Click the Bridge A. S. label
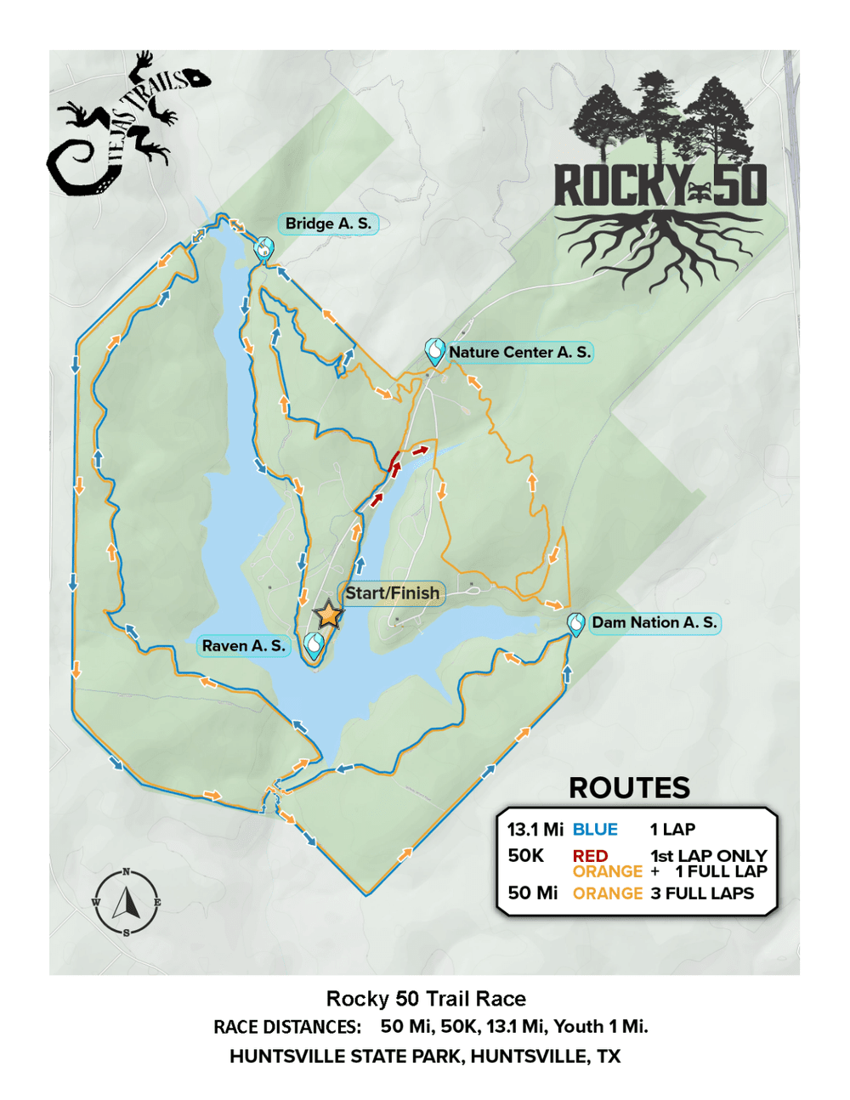pos(328,224)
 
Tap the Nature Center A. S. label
pos(519,352)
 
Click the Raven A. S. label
pos(243,646)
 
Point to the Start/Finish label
pos(393,593)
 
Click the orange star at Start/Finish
pos(328,615)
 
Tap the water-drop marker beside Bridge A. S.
pos(264,248)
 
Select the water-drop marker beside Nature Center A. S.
pos(435,350)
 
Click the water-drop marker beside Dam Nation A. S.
pos(575,624)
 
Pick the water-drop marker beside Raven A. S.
pos(314,645)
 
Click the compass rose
pos(126,902)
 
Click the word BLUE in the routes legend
pos(595,830)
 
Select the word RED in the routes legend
pos(590,856)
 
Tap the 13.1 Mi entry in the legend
pos(535,830)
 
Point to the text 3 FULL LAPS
pos(702,893)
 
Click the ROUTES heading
pos(629,788)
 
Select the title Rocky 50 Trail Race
pos(426,999)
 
